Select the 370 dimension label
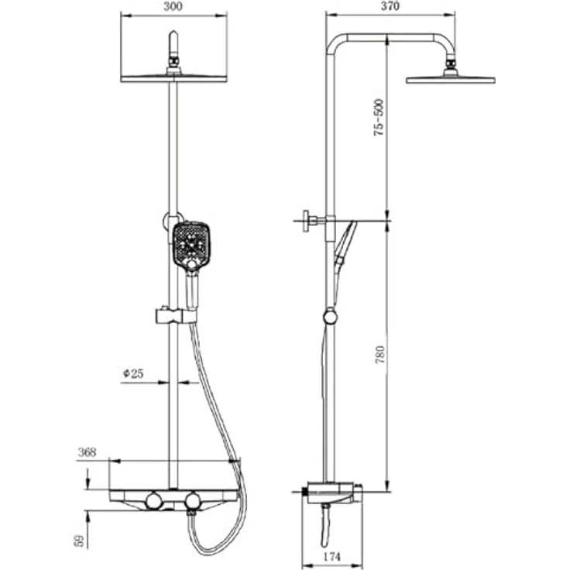point(390,5)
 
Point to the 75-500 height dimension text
point(379,118)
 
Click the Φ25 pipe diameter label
point(133,373)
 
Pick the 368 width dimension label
point(87,452)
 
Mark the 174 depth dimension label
point(331,557)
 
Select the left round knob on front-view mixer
point(155,503)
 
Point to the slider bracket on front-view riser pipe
point(173,315)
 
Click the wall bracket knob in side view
point(309,221)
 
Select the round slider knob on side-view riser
point(330,316)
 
